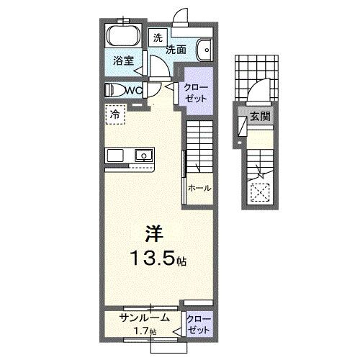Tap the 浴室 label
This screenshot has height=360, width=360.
[x=123, y=61]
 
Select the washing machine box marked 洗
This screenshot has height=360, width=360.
[x=157, y=37]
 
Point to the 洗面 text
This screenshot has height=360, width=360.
[x=177, y=50]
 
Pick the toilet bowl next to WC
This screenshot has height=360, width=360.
[x=113, y=89]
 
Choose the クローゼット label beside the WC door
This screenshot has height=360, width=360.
[x=197, y=91]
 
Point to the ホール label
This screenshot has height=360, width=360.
[x=199, y=188]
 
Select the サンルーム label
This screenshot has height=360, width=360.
[x=145, y=317]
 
